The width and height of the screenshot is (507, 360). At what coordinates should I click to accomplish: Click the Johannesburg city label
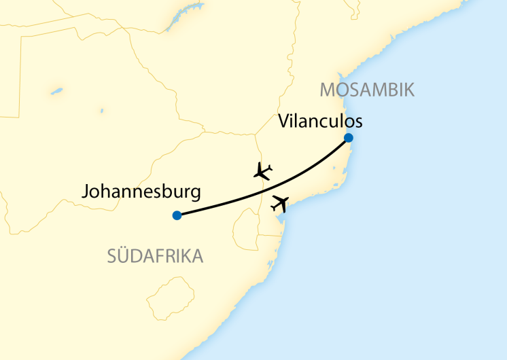141,192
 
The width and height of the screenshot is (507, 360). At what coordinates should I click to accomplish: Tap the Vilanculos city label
320,121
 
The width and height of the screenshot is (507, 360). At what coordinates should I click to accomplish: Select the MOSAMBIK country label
367,90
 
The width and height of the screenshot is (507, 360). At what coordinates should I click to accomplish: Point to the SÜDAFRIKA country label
156,256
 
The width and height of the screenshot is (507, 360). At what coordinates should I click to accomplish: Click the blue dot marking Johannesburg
177,215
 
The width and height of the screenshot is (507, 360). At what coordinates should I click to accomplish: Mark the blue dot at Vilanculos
349,138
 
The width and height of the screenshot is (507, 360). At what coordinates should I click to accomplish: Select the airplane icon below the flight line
280,202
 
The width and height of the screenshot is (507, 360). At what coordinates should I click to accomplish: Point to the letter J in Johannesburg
84,192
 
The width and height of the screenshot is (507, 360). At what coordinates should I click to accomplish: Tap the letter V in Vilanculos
284,121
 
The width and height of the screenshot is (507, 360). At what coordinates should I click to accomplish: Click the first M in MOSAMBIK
327,90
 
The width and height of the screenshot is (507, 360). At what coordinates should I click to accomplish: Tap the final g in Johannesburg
196,194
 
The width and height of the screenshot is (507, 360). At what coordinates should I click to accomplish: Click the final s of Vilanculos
357,122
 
